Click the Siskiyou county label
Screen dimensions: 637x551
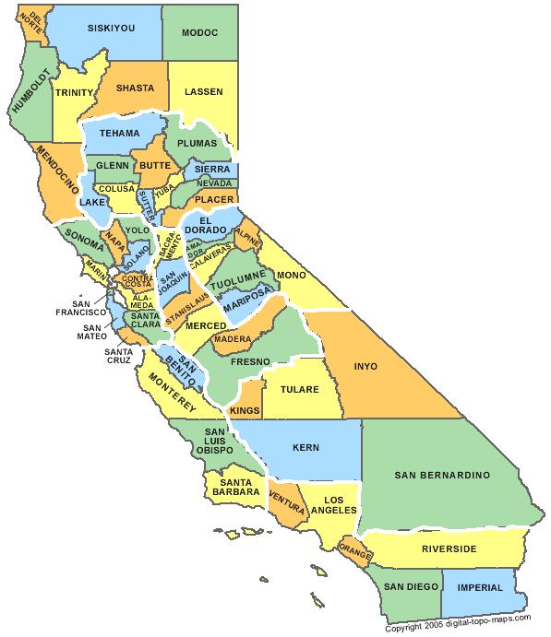coord(110,28)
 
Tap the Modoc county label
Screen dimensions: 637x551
coord(199,32)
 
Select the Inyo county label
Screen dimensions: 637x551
coord(365,366)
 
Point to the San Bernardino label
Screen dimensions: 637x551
coord(441,475)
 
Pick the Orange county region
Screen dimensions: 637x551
coord(355,550)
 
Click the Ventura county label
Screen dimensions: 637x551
coord(287,499)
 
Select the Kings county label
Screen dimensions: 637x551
coord(245,408)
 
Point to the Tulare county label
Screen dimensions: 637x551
coord(300,389)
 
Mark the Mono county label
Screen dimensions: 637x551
coord(290,275)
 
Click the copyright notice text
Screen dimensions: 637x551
coord(465,629)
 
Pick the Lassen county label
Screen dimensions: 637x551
coord(202,91)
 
